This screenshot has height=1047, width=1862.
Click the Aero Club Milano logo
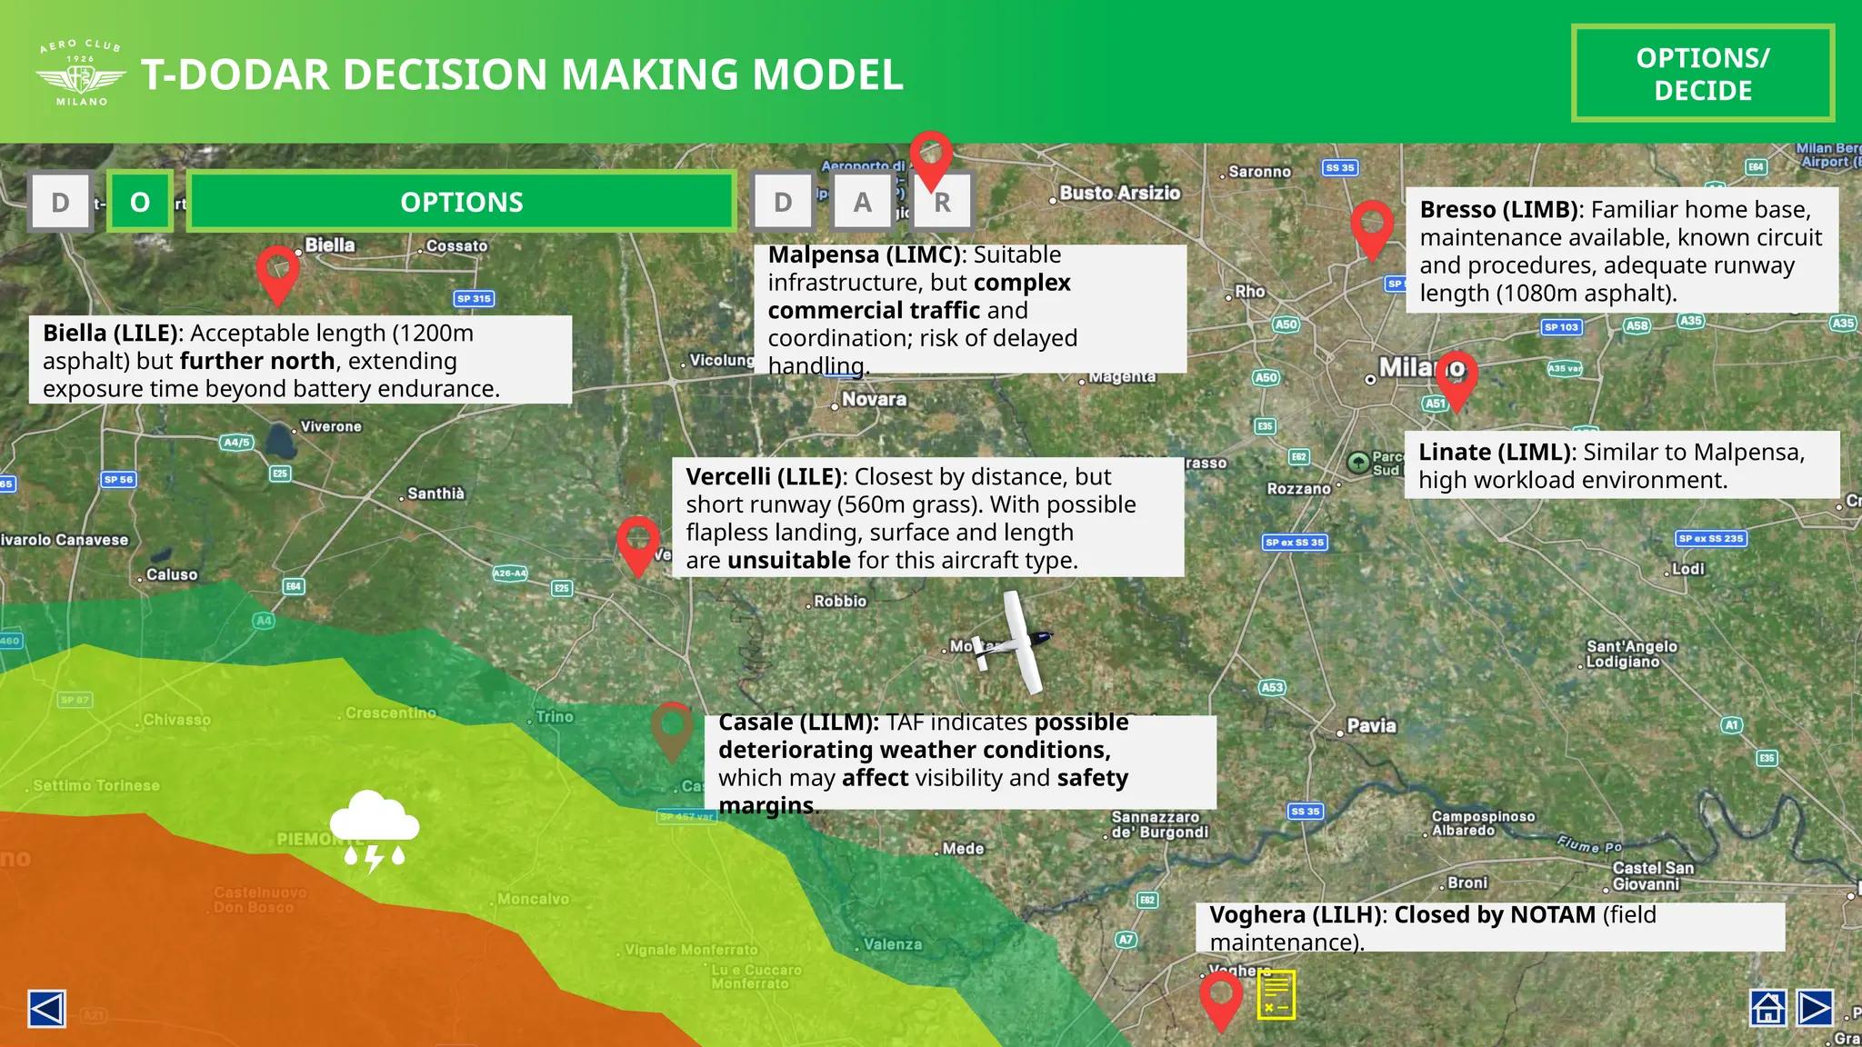(x=81, y=73)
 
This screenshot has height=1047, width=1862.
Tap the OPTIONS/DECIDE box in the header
(x=1702, y=74)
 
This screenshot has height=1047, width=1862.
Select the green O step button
(x=140, y=202)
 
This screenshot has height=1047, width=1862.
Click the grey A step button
(x=862, y=202)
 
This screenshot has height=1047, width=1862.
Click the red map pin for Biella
(x=278, y=270)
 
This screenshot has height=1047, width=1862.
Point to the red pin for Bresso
(x=1372, y=225)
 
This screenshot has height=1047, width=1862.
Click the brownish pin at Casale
(x=672, y=728)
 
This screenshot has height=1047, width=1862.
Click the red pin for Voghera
(x=1221, y=997)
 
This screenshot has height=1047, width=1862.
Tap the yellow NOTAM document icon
(x=1276, y=994)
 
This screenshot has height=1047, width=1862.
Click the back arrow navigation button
(x=46, y=1008)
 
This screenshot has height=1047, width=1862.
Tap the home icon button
(x=1767, y=1008)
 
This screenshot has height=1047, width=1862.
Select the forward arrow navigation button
(x=1815, y=1008)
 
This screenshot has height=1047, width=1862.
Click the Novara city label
(x=873, y=399)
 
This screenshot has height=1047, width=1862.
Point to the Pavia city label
(x=1370, y=725)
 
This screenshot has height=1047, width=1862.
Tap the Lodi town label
(x=1687, y=569)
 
